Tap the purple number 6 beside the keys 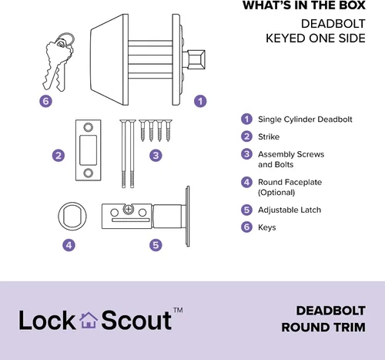pos(45,101)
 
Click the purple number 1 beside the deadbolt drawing pos(200,101)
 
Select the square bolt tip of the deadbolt pos(196,59)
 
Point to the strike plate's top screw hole pos(88,127)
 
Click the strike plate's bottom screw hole pos(88,173)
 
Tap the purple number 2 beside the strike pos(59,156)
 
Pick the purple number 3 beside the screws pos(156,156)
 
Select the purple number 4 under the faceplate pos(69,245)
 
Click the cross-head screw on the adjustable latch pos(128,210)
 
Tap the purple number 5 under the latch pos(156,245)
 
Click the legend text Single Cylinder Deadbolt pos(305,119)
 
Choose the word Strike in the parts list pos(269,136)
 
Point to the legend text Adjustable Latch pos(290,210)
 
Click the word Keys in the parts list pos(267,227)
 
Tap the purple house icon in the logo pos(89,320)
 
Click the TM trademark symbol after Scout pos(178,310)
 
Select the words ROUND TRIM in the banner pos(323,328)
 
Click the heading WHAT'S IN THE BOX pos(304,5)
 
